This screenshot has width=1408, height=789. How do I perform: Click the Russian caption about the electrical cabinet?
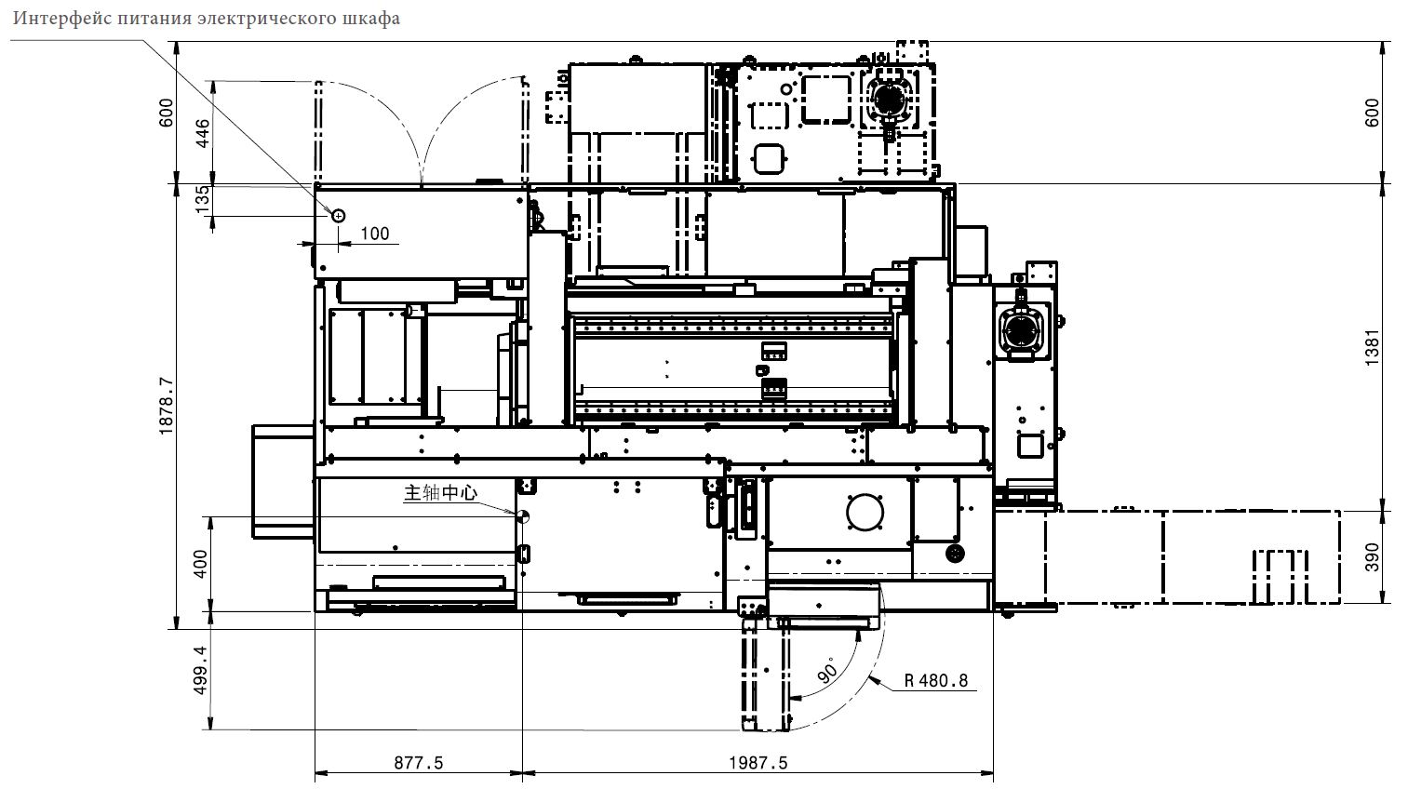(x=207, y=19)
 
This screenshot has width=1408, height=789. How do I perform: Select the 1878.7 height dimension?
(x=166, y=407)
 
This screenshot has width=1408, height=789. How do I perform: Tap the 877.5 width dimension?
(x=419, y=763)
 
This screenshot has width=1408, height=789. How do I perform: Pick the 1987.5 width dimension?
(x=758, y=763)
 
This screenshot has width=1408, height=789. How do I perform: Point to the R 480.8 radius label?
(x=936, y=680)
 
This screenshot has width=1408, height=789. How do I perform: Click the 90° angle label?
(x=828, y=670)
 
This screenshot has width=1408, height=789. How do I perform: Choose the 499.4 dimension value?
(x=200, y=670)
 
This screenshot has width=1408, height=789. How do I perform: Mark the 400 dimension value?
(x=200, y=563)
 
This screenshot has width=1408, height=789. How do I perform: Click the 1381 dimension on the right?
(x=1372, y=347)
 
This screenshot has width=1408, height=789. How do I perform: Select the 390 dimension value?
(x=1372, y=557)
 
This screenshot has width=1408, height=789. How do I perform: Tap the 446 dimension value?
(x=202, y=133)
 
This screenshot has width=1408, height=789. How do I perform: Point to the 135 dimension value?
(x=202, y=199)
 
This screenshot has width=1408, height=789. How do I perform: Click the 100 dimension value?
(x=375, y=234)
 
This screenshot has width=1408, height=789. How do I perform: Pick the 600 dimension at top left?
(x=166, y=113)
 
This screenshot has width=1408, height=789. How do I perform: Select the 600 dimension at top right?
(x=1372, y=113)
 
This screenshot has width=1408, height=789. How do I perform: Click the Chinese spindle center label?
(x=440, y=492)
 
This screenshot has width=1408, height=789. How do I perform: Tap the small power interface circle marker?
(x=338, y=216)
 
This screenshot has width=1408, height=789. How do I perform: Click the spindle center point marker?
(x=522, y=516)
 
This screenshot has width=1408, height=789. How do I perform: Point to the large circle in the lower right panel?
(x=865, y=513)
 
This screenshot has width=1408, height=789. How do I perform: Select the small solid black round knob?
(x=955, y=554)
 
